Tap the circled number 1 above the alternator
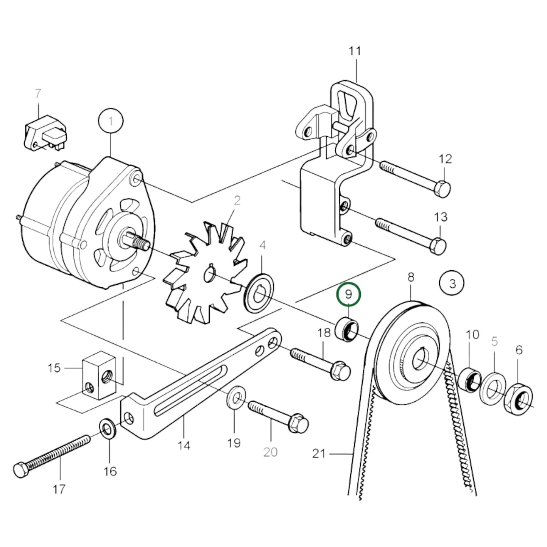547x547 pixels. click(x=111, y=122)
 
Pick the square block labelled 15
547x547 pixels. click(x=98, y=375)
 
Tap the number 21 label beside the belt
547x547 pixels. click(x=319, y=453)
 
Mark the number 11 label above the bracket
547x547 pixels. click(x=355, y=51)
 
